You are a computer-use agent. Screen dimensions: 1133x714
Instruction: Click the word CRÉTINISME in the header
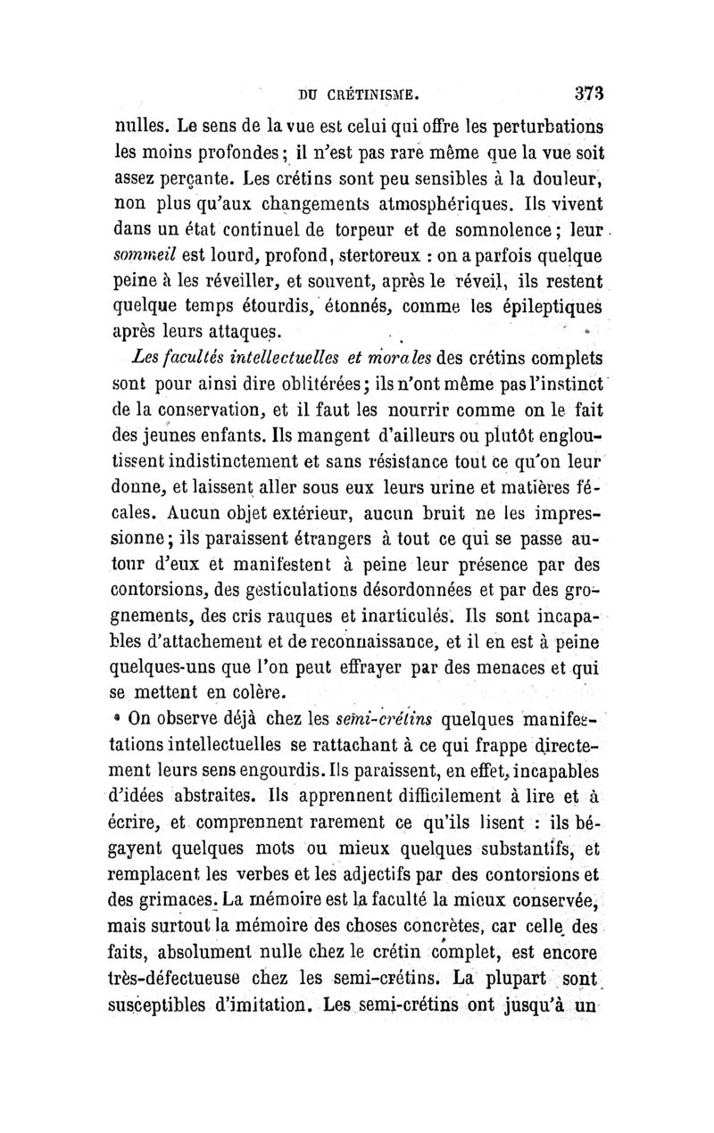369,93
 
